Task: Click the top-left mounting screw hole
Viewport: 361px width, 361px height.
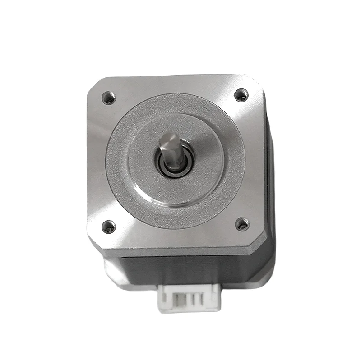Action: pyautogui.click(x=109, y=97)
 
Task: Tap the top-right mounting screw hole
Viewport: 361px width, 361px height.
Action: pyautogui.click(x=241, y=95)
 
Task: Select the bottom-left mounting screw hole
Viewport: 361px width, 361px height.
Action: pyautogui.click(x=108, y=227)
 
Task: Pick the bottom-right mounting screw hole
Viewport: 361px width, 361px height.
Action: pyautogui.click(x=242, y=223)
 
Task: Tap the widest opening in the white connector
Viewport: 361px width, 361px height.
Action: pyautogui.click(x=175, y=299)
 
